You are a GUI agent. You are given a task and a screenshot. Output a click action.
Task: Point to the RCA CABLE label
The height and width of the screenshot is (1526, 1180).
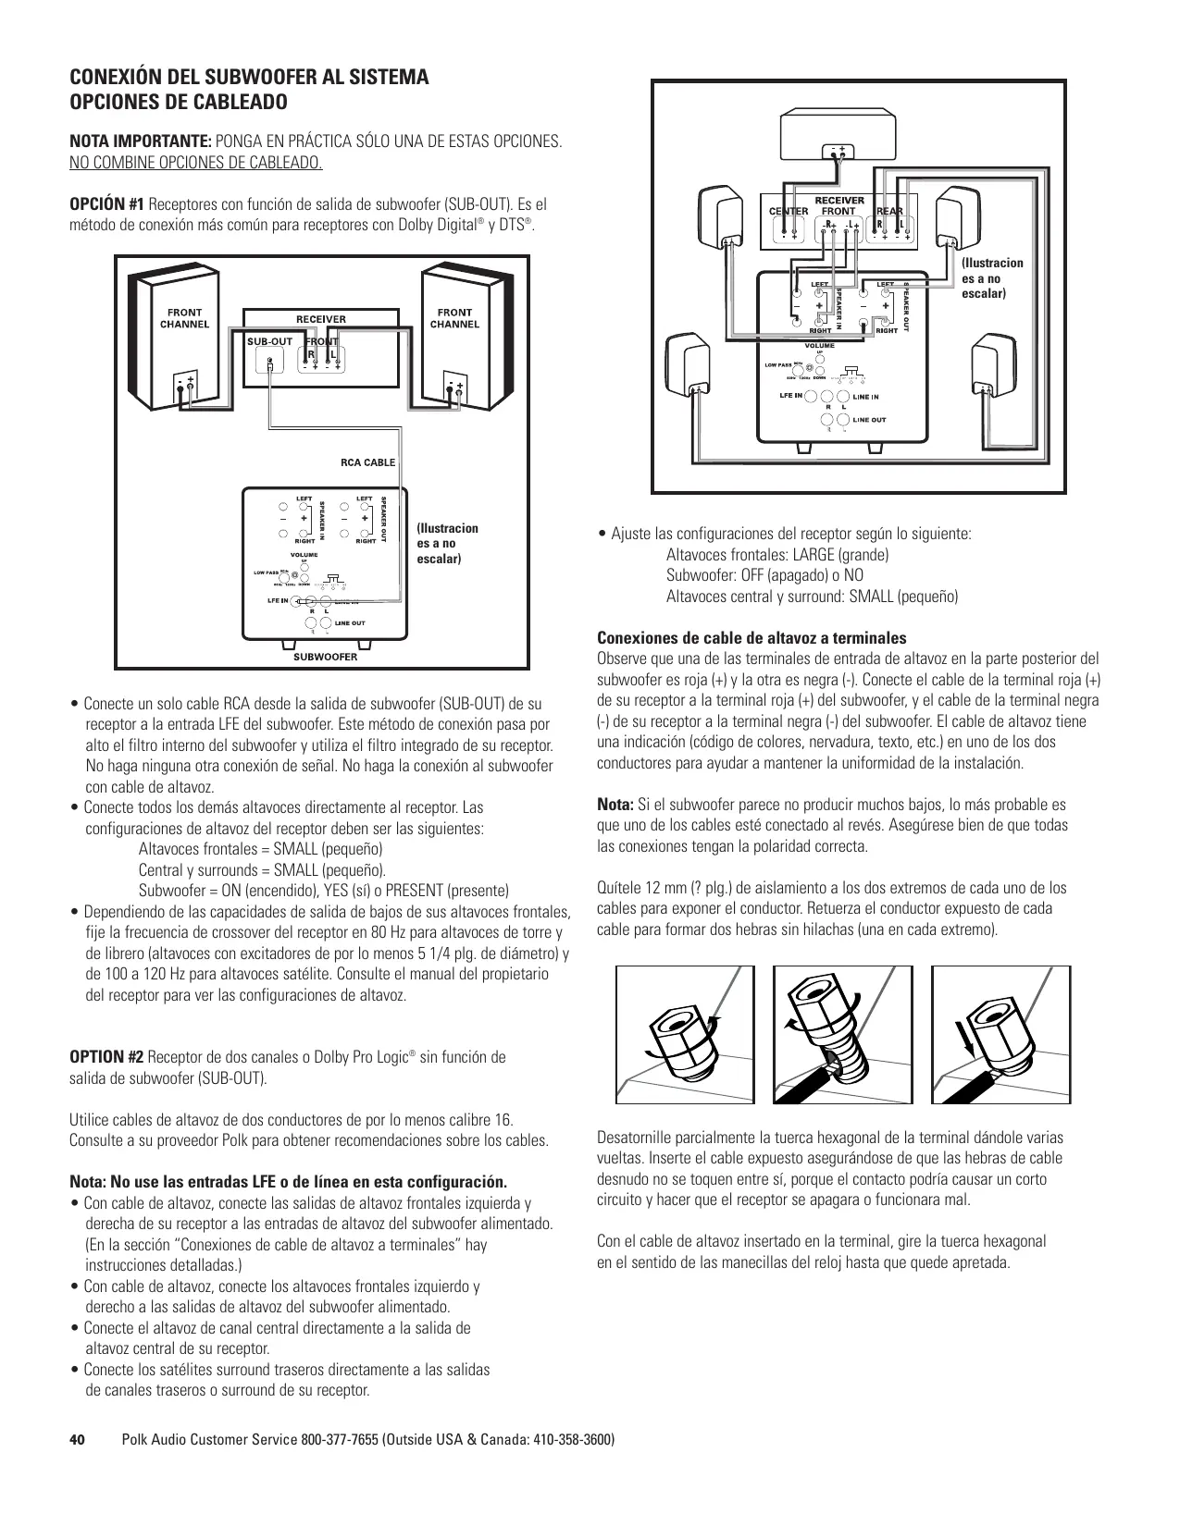[367, 462]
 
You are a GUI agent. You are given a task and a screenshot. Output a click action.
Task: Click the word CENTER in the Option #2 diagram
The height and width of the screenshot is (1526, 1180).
[789, 211]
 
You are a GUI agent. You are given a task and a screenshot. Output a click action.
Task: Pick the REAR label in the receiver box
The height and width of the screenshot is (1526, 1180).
[889, 211]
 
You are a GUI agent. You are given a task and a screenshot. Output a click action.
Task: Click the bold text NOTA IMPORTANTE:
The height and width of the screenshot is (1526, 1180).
[141, 143]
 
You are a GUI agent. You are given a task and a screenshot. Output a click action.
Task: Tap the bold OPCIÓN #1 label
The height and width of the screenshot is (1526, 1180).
[107, 204]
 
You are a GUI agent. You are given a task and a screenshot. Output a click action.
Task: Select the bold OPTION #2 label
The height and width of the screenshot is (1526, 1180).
[107, 1057]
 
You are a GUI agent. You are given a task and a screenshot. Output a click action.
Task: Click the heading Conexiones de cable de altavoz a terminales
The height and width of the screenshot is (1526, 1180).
[751, 638]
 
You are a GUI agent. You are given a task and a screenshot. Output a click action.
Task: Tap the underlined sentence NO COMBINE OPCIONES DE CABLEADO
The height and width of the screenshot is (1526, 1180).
[196, 165]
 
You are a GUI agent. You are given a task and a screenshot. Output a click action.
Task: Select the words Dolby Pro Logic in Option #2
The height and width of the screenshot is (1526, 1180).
[363, 1057]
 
